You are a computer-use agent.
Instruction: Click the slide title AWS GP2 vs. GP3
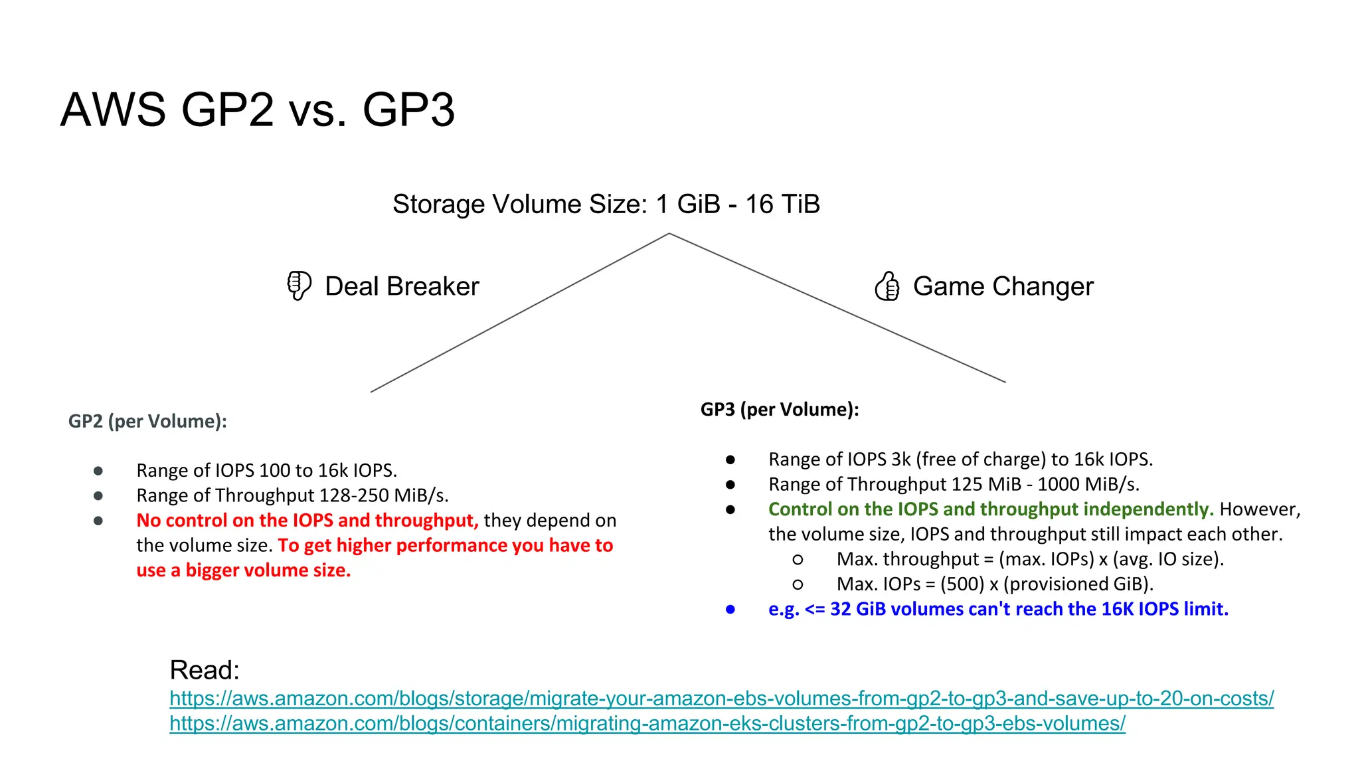coord(258,110)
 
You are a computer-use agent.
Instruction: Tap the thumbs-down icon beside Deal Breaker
coord(298,286)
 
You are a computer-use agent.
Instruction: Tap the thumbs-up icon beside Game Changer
coord(887,286)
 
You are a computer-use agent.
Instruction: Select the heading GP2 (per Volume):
coord(147,421)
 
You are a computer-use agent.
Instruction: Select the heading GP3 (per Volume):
coord(780,409)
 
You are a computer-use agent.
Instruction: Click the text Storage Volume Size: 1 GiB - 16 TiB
coord(606,204)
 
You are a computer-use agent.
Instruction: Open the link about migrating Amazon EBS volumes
coord(721,699)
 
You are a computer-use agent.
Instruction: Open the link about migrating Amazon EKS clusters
coord(647,723)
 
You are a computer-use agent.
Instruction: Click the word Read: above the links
coord(204,669)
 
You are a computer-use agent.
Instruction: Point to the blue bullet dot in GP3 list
coord(730,609)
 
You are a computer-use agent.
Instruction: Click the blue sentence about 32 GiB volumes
coord(998,609)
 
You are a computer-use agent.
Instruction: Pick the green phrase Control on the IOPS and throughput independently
coord(990,509)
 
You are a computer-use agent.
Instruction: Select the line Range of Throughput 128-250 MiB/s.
coord(292,495)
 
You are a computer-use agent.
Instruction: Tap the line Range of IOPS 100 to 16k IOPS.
coord(266,470)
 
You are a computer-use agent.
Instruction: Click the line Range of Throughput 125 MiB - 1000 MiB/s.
coord(954,484)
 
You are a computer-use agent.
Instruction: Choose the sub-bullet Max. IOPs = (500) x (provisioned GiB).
coord(995,584)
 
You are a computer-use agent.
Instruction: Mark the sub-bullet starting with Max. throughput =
coord(1029,559)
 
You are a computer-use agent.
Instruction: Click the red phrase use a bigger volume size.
coord(243,570)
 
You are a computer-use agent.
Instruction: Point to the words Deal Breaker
coord(402,286)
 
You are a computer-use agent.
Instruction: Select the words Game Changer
coord(1003,286)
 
